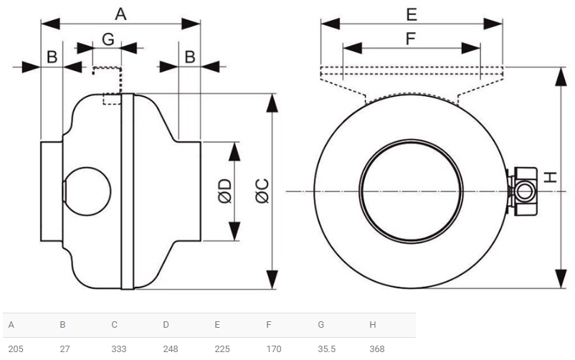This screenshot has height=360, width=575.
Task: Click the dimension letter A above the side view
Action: [x=120, y=14]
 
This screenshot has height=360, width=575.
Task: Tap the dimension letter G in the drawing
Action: [x=108, y=39]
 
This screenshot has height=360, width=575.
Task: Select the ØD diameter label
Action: [x=225, y=191]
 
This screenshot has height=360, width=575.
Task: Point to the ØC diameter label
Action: [x=262, y=191]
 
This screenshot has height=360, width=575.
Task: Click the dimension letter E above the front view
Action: [x=412, y=14]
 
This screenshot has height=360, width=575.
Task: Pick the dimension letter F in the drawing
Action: [x=411, y=39]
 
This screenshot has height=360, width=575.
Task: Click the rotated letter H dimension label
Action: [x=550, y=178]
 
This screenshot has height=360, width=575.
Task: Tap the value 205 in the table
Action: [x=16, y=349]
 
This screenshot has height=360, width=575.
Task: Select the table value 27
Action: [x=65, y=349]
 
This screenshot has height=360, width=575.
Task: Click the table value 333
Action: [x=119, y=349]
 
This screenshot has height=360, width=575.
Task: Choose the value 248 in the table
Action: [x=171, y=349]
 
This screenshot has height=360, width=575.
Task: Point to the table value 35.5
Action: [x=327, y=349]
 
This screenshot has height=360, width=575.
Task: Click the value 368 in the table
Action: [x=377, y=349]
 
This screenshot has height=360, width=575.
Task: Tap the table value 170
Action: [x=274, y=349]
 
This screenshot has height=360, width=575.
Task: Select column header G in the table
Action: [x=321, y=325]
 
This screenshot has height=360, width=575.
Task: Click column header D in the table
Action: [x=166, y=325]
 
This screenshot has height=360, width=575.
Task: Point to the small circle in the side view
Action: [x=87, y=191]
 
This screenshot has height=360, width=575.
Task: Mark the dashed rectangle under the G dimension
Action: [x=112, y=99]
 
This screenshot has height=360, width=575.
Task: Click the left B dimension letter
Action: [x=52, y=57]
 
